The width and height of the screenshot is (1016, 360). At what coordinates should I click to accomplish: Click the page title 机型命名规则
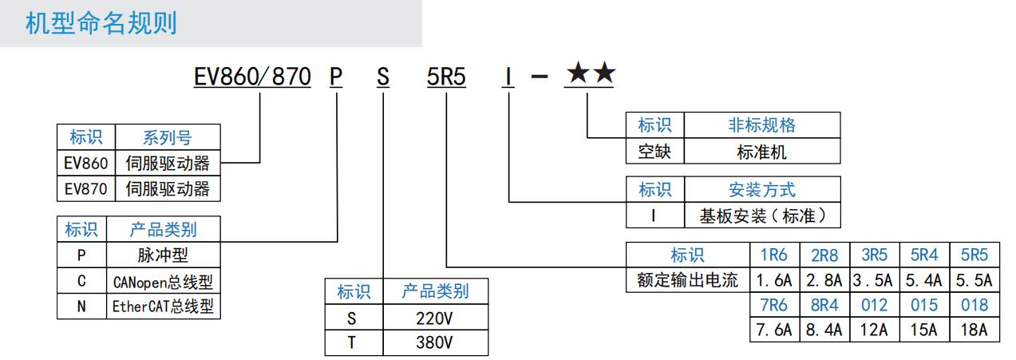101,23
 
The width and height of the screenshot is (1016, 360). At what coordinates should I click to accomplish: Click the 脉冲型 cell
163,255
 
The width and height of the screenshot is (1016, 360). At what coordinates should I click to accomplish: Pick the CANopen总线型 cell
163,281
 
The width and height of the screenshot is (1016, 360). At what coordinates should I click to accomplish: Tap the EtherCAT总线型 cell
163,307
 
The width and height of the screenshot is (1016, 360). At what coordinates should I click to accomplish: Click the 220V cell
434,317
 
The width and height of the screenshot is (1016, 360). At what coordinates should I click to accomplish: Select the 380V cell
434,342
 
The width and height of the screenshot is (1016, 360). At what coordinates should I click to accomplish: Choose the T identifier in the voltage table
352,342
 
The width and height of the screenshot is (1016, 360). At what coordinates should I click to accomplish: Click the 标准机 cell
761,151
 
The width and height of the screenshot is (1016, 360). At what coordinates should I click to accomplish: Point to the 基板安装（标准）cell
761,216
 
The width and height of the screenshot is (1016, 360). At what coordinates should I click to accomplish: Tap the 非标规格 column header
761,125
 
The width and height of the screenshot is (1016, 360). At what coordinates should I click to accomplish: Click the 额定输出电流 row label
687,280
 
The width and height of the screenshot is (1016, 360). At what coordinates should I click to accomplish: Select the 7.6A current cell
774,330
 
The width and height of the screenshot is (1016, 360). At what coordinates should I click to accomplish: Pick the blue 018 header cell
974,305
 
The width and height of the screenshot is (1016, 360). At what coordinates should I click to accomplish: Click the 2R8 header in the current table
824,255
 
